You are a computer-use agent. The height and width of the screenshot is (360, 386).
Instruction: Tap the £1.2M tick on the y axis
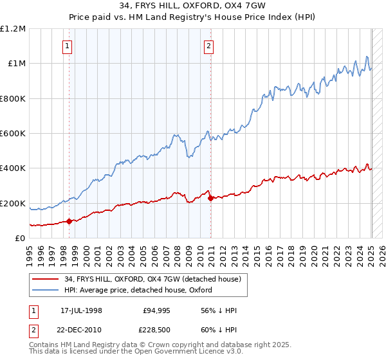(13, 29)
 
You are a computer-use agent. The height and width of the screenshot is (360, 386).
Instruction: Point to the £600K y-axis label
(13, 134)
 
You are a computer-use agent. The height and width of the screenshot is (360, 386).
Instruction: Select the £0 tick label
(21, 239)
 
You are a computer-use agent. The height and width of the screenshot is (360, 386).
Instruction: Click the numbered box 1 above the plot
(68, 46)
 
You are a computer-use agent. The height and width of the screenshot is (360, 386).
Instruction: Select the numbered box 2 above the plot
(210, 46)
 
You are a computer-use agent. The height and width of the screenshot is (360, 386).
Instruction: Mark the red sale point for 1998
(69, 222)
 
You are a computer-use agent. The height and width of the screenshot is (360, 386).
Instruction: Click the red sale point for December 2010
(211, 198)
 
